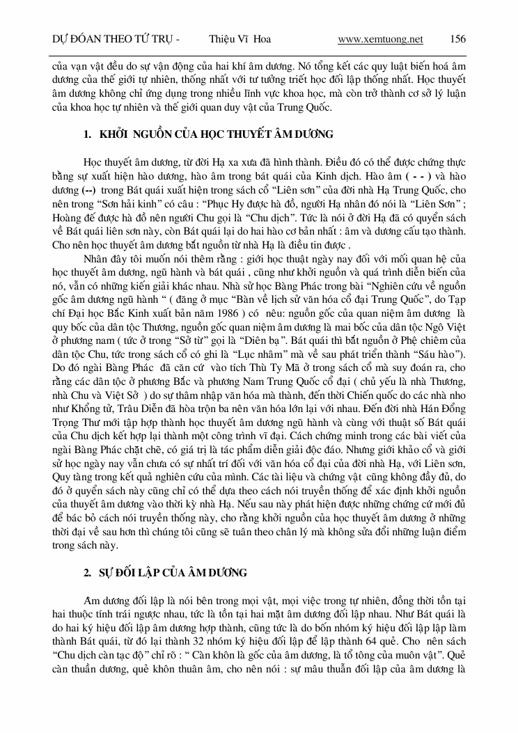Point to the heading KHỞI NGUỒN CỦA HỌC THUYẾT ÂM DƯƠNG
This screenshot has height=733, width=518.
[207, 134]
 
